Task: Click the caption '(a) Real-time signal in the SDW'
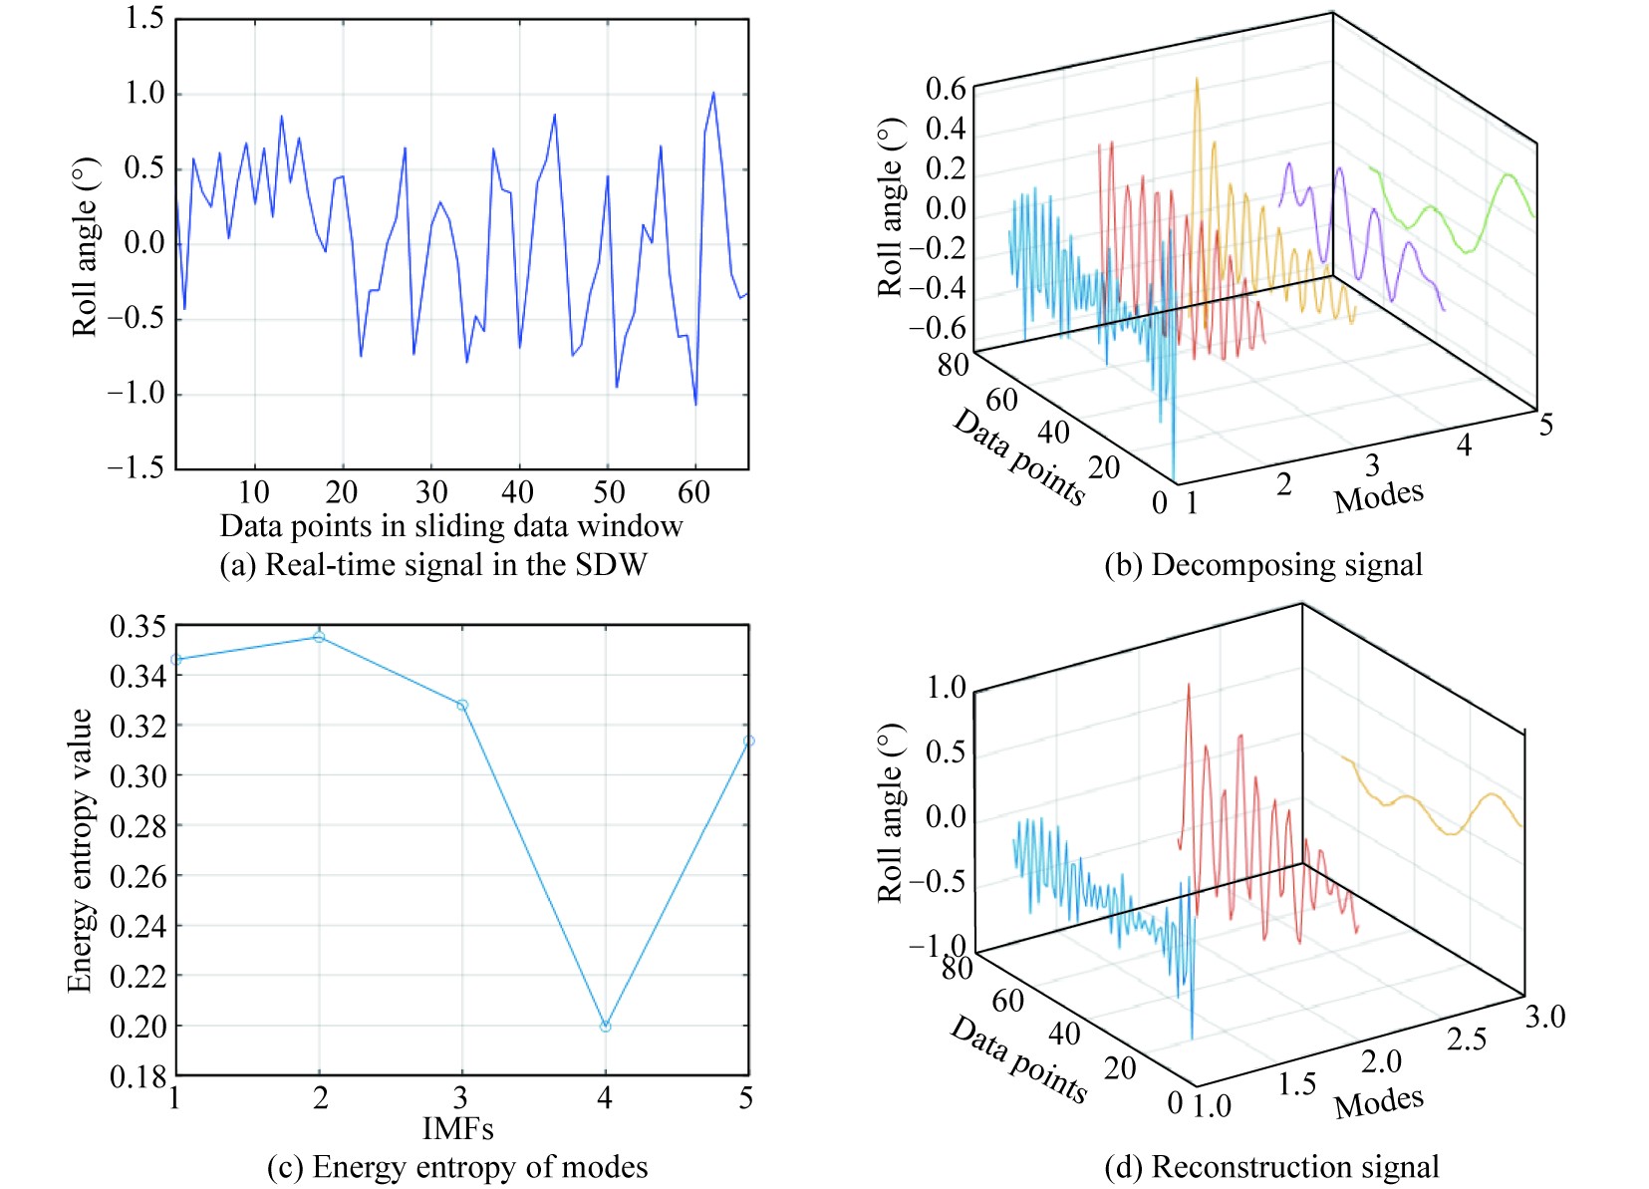tap(433, 565)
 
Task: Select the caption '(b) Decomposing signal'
tap(1262, 565)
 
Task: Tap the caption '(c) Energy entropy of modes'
tap(457, 1167)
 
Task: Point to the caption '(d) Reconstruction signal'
tap(1271, 1167)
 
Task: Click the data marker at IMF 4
tap(605, 1026)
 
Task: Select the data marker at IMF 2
tap(319, 637)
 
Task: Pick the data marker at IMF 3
tap(462, 706)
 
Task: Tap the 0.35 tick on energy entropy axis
tap(137, 627)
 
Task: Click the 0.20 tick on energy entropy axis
tap(137, 1026)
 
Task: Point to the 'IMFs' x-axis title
tap(458, 1129)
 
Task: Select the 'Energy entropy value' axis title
tap(80, 850)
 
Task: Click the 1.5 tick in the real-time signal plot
tap(144, 19)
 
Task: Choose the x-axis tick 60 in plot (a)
tap(693, 492)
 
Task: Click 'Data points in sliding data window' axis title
tap(451, 526)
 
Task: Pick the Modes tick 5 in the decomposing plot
tap(1545, 426)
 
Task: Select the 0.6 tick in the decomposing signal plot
tap(946, 89)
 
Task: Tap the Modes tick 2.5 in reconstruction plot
tap(1466, 1040)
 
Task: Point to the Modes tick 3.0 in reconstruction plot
tap(1544, 1018)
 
